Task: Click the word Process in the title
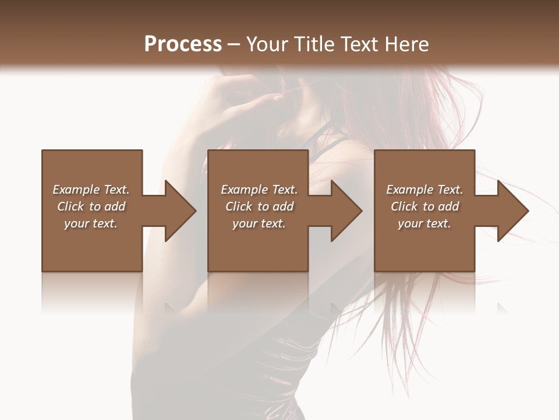click(183, 44)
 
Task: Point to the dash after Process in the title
click(234, 44)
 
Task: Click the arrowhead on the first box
click(178, 211)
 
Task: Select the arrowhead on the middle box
click(344, 211)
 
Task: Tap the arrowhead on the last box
click(510, 211)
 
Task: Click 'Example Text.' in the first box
click(91, 190)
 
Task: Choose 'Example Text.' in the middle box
click(259, 190)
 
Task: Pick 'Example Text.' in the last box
click(424, 190)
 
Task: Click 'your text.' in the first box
click(91, 223)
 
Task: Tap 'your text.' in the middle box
click(259, 223)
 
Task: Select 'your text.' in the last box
click(424, 223)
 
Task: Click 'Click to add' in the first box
click(91, 206)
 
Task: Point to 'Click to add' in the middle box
click(259, 206)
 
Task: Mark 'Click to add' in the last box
click(424, 206)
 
